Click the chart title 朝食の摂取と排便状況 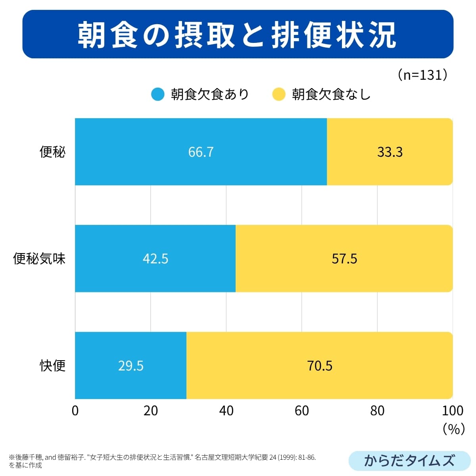pos(237,35)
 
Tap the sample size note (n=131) pos(423,75)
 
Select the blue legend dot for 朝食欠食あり pos(158,94)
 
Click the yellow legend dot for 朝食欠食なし pos(279,94)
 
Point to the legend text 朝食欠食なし pos(331,94)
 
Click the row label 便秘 pos(52,152)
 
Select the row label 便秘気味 pos(39,259)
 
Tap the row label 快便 pos(52,365)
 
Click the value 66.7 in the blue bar pos(201,152)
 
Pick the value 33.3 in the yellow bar pos(390,152)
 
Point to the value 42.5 pos(155,259)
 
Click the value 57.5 pos(344,259)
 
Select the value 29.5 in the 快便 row pos(131,365)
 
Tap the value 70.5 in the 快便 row pos(320,365)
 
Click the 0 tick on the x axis pos(75,411)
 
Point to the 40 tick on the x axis pos(226,411)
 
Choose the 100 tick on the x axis pos(452,411)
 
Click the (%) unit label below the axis pos(453,428)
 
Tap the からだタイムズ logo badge pos(409,461)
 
